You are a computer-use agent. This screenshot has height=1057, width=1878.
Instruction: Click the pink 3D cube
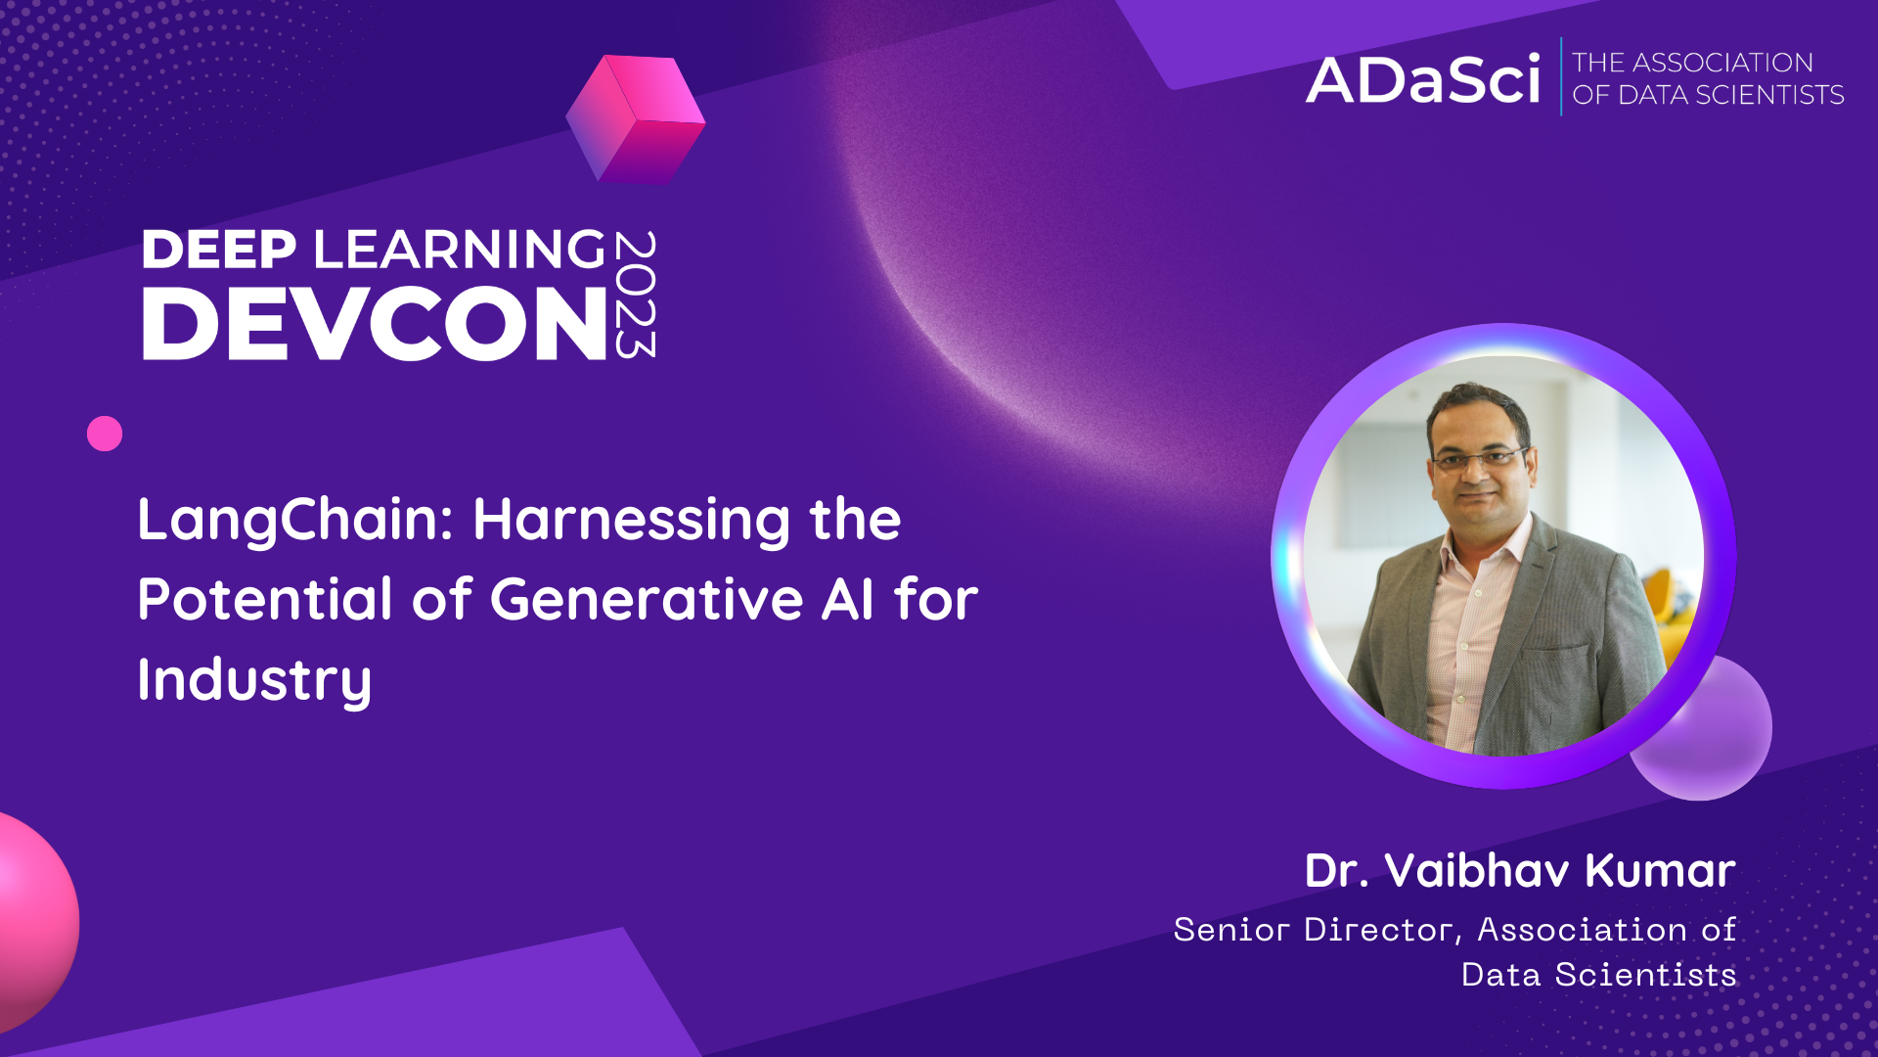[636, 119]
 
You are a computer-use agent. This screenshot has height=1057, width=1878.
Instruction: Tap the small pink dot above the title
[105, 434]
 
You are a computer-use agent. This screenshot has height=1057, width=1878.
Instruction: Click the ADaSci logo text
[1423, 80]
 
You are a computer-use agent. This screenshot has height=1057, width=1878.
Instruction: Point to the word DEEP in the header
[219, 250]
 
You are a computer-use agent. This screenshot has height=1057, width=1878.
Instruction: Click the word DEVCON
[376, 324]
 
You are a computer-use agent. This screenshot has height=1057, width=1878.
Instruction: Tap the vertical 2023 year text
[636, 295]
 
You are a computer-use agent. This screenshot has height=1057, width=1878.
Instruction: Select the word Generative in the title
[646, 600]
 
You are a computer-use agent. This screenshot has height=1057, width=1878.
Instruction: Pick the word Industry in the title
[254, 680]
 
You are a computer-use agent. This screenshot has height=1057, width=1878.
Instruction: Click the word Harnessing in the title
[632, 520]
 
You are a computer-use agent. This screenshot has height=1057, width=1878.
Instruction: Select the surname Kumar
[1660, 871]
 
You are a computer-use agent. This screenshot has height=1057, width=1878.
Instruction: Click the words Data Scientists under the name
[1598, 975]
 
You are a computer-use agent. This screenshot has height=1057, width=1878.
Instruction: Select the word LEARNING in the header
[460, 250]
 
